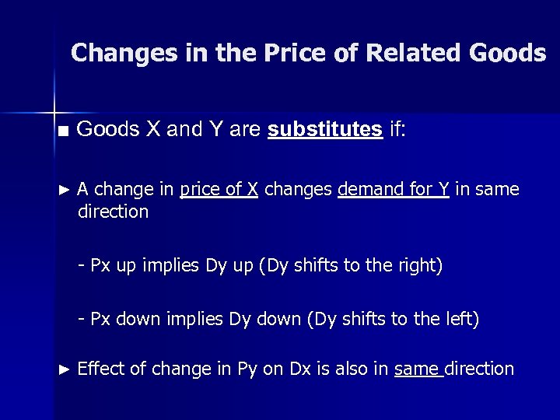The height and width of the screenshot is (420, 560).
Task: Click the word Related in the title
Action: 413,53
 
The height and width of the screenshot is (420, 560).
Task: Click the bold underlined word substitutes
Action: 324,129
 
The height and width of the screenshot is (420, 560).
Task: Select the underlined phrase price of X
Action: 219,189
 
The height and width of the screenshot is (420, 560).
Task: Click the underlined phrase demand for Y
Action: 394,189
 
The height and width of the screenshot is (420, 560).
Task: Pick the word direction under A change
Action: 113,212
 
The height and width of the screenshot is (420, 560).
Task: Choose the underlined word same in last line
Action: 418,369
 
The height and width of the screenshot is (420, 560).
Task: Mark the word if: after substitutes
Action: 397,129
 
